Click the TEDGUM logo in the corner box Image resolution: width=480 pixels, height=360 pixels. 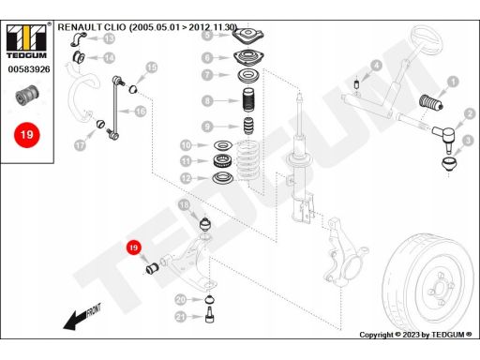click(x=26, y=41)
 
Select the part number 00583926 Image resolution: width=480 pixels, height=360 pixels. click(x=29, y=69)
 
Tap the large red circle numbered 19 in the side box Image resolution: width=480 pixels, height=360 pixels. click(x=27, y=135)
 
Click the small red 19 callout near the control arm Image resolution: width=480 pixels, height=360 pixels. click(x=134, y=247)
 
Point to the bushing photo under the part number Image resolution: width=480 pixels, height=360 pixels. click(x=27, y=94)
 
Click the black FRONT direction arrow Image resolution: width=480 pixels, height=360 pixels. click(x=82, y=317)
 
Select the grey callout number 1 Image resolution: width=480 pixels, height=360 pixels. click(x=453, y=82)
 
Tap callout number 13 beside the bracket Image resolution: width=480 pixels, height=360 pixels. click(x=109, y=38)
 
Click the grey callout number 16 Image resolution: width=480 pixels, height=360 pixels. click(x=141, y=111)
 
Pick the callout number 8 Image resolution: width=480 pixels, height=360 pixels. click(x=207, y=100)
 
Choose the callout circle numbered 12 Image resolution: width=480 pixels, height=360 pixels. click(x=186, y=178)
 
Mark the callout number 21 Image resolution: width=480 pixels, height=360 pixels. click(x=181, y=317)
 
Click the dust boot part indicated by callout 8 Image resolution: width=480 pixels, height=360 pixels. click(x=249, y=100)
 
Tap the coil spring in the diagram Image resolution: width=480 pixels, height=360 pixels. click(x=248, y=162)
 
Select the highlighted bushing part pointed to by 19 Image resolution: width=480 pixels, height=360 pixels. click(x=153, y=268)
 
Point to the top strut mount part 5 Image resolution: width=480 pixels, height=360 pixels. click(x=247, y=36)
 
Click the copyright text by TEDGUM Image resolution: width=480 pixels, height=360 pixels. click(x=415, y=335)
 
